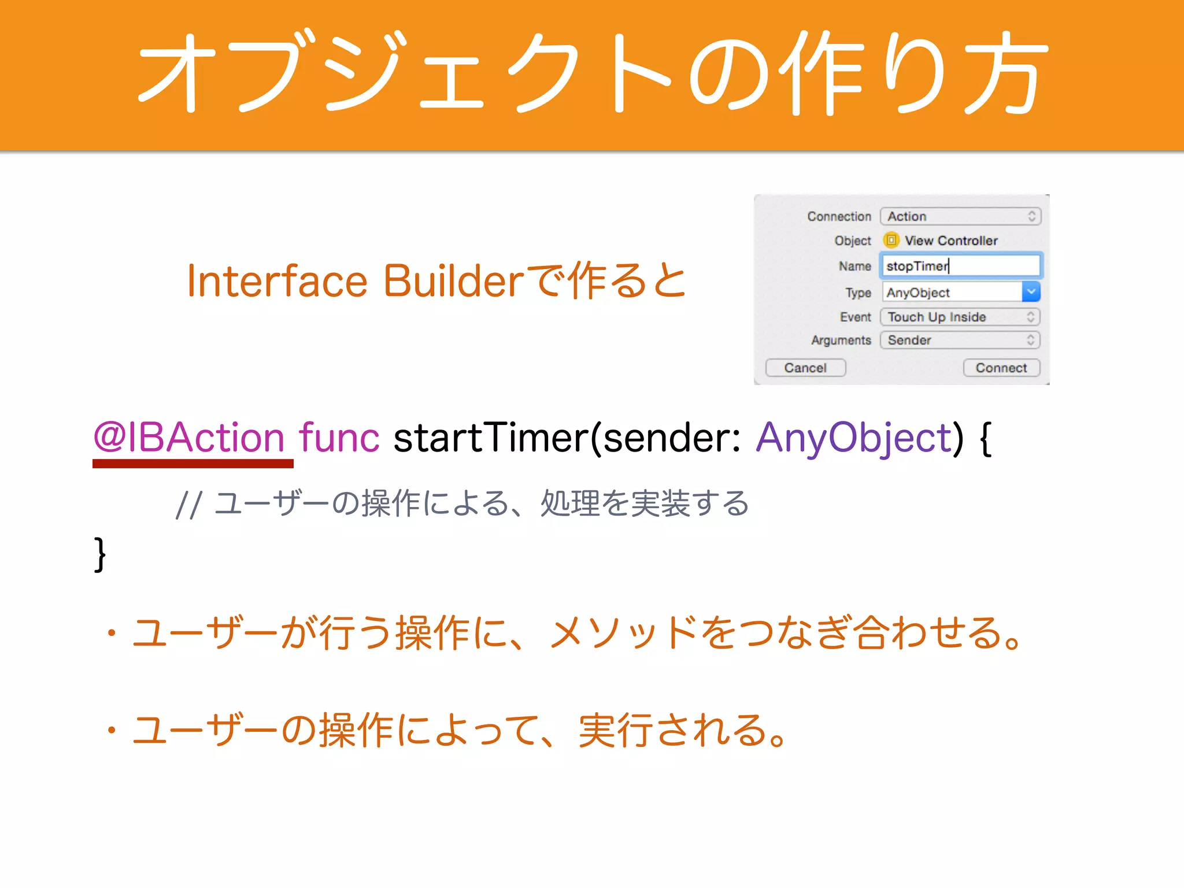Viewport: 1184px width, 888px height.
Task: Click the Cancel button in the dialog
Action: tap(805, 368)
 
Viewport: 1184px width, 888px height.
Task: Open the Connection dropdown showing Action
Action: tap(960, 216)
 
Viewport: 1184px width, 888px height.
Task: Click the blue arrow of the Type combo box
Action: tap(1031, 292)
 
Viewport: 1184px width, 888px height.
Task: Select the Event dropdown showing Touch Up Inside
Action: tap(960, 317)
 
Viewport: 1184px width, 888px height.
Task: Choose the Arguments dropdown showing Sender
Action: tap(960, 340)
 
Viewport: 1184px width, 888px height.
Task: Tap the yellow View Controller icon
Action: tap(891, 240)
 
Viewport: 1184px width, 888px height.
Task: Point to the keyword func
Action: tap(339, 437)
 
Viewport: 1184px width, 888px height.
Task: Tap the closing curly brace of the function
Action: tap(100, 554)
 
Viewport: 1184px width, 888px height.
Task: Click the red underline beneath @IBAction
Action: tap(193, 464)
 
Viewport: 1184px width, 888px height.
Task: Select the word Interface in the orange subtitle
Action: tap(277, 282)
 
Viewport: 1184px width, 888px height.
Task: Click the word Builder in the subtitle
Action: tap(453, 282)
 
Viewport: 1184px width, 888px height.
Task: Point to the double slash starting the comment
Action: tap(188, 504)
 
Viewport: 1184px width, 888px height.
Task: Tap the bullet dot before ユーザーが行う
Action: tap(112, 633)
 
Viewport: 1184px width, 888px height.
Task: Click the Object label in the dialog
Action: tap(852, 240)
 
